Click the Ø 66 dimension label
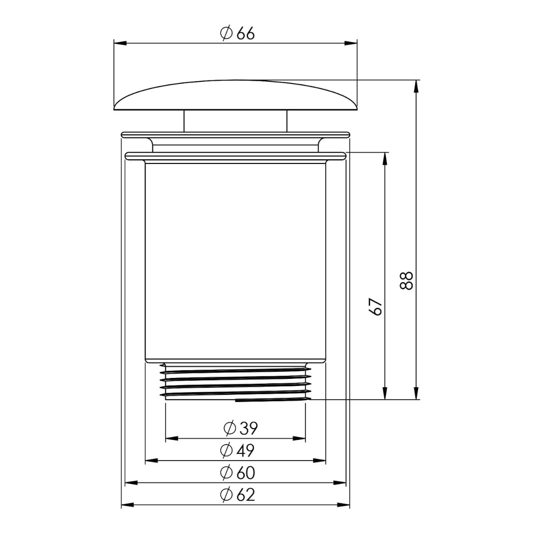pos(237,33)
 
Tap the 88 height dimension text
pos(406,280)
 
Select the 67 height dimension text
pos(375,306)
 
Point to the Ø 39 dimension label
pos(240,428)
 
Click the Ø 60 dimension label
pos(237,473)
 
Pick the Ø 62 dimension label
pos(237,495)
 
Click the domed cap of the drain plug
pos(235,95)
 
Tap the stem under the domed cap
pos(235,121)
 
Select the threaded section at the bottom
pos(235,382)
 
